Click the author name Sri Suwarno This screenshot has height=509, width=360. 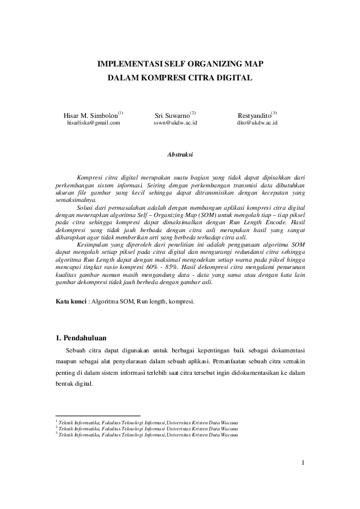pos(173,115)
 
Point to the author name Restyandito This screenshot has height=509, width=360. pos(255,115)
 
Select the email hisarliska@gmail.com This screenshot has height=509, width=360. pos(93,123)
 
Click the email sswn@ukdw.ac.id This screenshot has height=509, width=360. pos(175,123)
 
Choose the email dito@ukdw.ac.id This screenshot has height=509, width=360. pos(257,123)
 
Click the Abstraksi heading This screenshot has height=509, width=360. pos(180,155)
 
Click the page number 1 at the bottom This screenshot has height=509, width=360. pos(304,464)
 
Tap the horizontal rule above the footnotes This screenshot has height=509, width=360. pos(97,416)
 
